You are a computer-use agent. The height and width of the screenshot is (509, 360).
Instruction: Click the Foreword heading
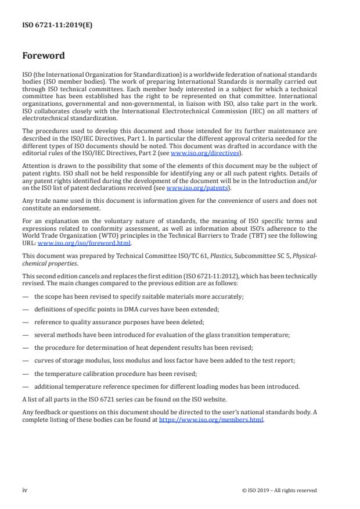click(43, 56)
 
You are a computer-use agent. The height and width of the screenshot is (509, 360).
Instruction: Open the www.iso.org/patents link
click(197, 189)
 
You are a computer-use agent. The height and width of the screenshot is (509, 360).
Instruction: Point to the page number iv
click(25, 490)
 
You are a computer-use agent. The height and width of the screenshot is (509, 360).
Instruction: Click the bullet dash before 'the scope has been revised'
click(25, 297)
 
